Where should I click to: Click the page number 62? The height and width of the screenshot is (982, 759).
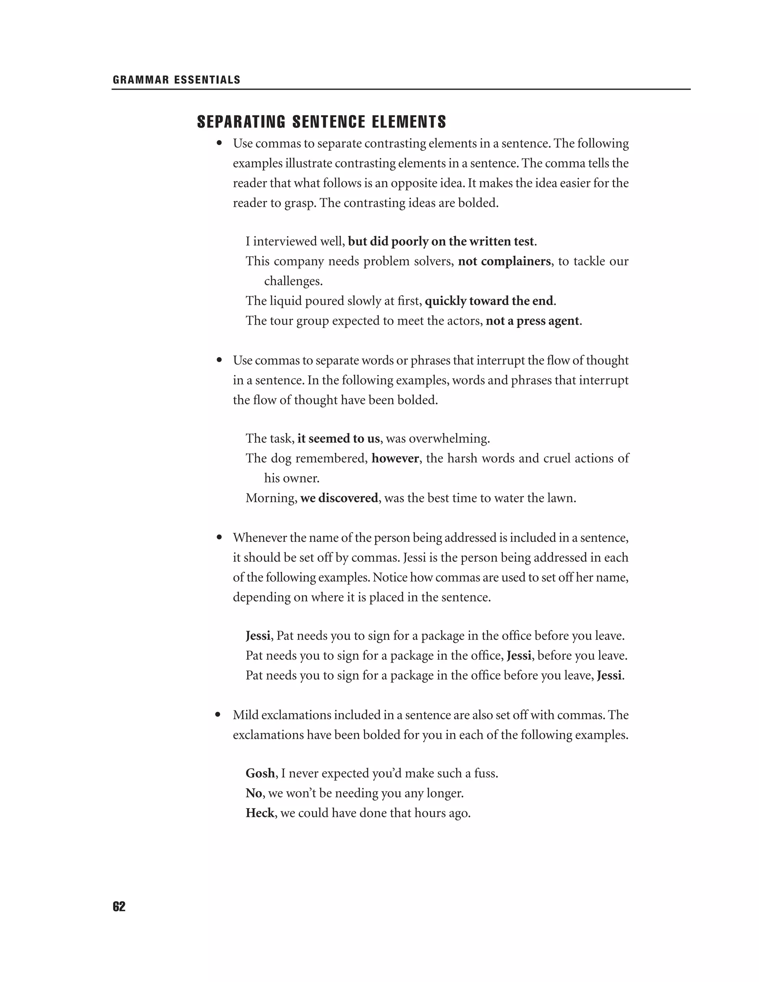tap(119, 907)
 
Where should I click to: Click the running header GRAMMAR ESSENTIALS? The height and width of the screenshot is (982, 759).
tap(176, 80)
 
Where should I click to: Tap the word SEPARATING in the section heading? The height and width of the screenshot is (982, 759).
tap(241, 122)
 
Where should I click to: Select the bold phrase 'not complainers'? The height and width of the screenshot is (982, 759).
tap(504, 261)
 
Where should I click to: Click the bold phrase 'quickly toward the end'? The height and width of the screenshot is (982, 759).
tap(489, 301)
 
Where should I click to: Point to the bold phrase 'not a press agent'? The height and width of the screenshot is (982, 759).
tap(532, 321)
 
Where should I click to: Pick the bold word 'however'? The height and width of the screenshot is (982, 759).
tap(395, 458)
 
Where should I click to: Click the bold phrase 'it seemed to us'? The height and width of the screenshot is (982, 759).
tap(338, 438)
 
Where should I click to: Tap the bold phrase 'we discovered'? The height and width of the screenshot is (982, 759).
tap(339, 498)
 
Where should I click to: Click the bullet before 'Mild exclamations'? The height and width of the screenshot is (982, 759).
tap(219, 715)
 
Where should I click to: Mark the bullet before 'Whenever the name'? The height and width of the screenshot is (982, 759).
tap(219, 537)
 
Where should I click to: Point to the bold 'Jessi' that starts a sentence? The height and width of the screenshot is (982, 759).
tap(258, 636)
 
